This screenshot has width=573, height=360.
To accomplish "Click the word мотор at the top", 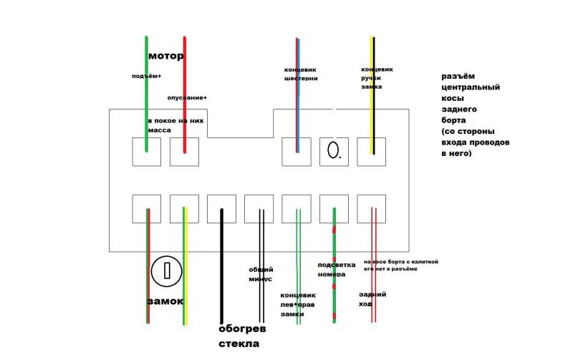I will click(x=166, y=55).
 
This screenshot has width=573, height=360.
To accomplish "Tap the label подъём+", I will click(x=147, y=75).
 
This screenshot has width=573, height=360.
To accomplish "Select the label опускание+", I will click(x=187, y=97).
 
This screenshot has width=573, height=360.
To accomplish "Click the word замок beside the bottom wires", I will click(x=165, y=301).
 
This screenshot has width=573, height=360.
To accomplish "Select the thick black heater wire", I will click(x=221, y=265).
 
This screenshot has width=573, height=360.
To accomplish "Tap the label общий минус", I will click(x=261, y=274).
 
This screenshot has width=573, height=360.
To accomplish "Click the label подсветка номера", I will click(x=332, y=269).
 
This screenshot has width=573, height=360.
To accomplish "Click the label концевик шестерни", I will click(x=301, y=74).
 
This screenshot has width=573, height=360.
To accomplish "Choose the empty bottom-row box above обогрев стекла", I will click(x=221, y=208).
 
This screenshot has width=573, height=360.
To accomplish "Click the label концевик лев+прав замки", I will click(x=298, y=304).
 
